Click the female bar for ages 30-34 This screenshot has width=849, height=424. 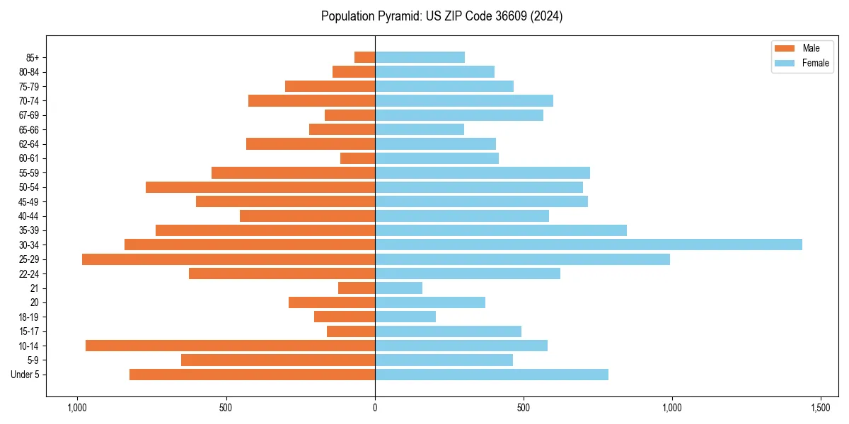[588, 245]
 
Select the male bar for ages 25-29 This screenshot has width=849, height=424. [229, 259]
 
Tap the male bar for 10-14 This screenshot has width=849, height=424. [230, 346]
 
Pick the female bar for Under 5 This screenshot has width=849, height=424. [491, 375]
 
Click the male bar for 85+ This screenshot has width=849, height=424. [364, 57]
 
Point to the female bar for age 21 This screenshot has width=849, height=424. [398, 288]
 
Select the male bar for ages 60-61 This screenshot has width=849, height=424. [357, 158]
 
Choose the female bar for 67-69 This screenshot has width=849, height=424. [458, 115]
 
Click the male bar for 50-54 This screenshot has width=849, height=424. [260, 187]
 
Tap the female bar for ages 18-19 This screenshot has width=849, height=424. [405, 317]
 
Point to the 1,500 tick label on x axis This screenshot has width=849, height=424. [821, 408]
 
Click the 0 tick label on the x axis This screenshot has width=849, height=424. [375, 408]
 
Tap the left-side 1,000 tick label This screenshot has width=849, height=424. [76, 408]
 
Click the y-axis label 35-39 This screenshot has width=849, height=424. [29, 230]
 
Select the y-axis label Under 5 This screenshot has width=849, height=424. [25, 375]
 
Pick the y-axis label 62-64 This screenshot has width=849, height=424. [29, 144]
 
